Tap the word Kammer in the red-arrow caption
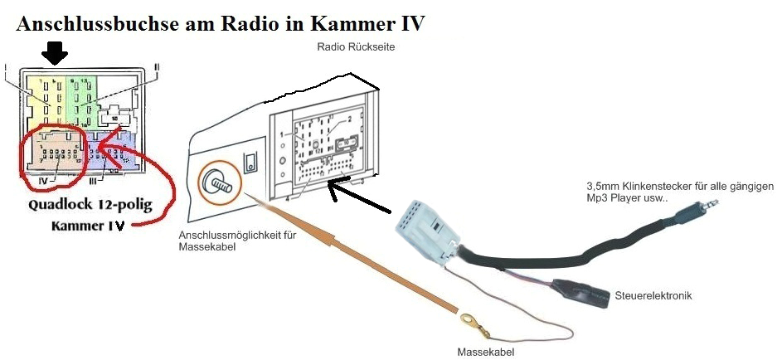(78, 226)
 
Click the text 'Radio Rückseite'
(356, 47)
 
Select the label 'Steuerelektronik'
(653, 295)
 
